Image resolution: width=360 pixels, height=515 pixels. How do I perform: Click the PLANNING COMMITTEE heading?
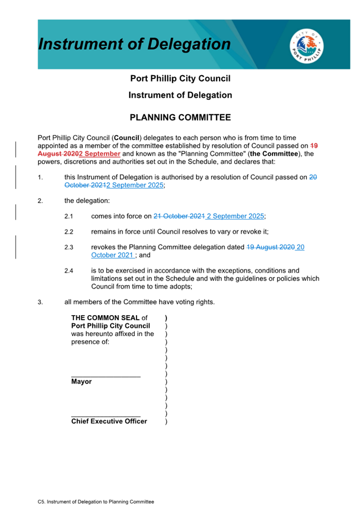(180, 117)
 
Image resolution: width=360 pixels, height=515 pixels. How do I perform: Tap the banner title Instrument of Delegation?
(135, 44)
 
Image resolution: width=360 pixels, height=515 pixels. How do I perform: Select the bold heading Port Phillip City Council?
(180, 78)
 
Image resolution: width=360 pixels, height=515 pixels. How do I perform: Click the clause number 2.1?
(69, 216)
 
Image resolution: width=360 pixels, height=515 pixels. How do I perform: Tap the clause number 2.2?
(69, 232)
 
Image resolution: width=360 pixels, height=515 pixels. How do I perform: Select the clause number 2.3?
(69, 247)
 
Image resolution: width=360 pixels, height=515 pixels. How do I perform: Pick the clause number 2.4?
(69, 271)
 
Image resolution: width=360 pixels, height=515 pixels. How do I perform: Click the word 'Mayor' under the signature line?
(82, 382)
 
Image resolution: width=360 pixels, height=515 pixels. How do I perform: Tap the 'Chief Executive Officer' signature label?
(109, 421)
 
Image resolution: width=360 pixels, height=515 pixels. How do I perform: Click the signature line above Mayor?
(106, 376)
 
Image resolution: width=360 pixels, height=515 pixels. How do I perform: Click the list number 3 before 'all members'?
(40, 302)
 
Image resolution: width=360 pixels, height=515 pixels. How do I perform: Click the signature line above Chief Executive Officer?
(106, 416)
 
